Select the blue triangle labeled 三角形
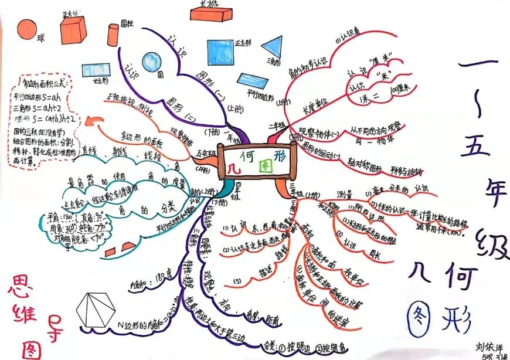271,47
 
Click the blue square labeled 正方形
220,52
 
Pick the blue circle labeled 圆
152,61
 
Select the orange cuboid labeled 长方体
210,13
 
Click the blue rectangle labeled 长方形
95,72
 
